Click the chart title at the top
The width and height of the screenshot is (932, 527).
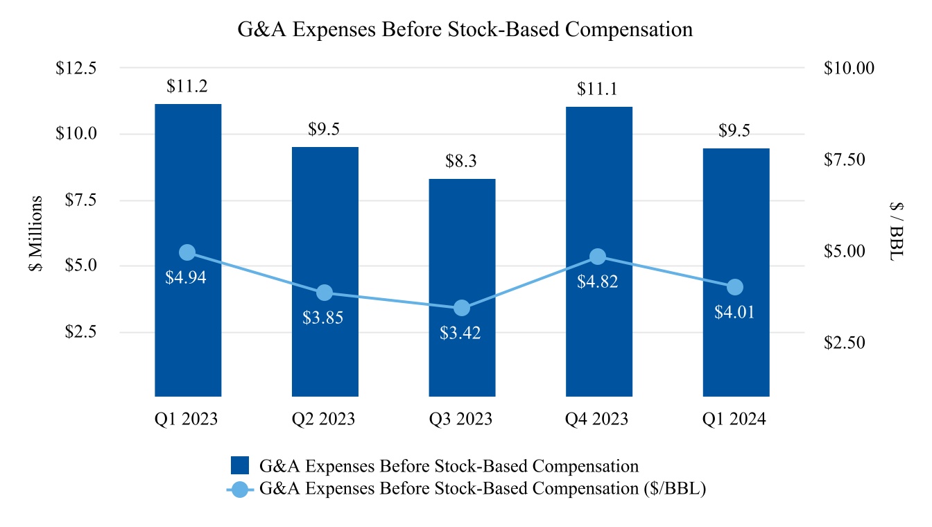(x=465, y=30)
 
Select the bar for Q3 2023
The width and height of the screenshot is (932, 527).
(x=462, y=288)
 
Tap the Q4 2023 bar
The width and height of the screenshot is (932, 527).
(x=599, y=251)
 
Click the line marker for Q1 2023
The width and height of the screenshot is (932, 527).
(x=187, y=252)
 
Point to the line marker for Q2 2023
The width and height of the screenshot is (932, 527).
(x=325, y=293)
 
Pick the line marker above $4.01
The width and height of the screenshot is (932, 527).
(x=736, y=287)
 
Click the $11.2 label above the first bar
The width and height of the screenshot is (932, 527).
(x=187, y=87)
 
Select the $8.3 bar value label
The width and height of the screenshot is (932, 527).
(x=462, y=162)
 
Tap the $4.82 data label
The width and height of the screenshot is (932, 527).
(x=598, y=282)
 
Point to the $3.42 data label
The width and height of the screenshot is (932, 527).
(x=460, y=332)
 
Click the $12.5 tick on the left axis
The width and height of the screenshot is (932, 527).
(x=77, y=68)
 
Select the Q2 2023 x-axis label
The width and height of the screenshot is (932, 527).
(x=325, y=420)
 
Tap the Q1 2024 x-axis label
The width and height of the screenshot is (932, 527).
(x=736, y=420)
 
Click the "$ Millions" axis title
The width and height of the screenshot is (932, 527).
(x=36, y=234)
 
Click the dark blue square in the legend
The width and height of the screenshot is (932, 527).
(x=240, y=465)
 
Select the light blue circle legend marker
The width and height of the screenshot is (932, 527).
(x=240, y=489)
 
